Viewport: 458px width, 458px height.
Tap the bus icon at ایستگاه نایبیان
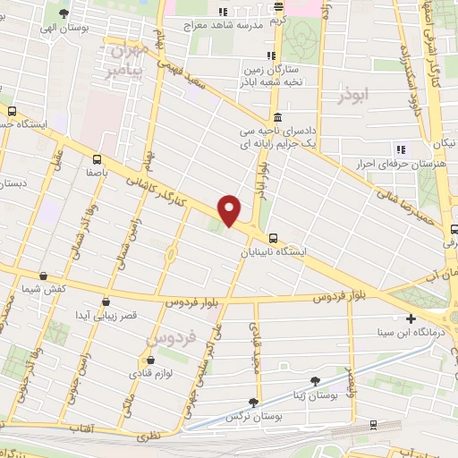tap(273, 238)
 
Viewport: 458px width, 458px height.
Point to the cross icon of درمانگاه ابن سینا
tap(411, 318)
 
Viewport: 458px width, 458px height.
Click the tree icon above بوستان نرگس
tap(253, 403)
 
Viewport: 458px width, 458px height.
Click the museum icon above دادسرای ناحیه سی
tap(278, 117)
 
